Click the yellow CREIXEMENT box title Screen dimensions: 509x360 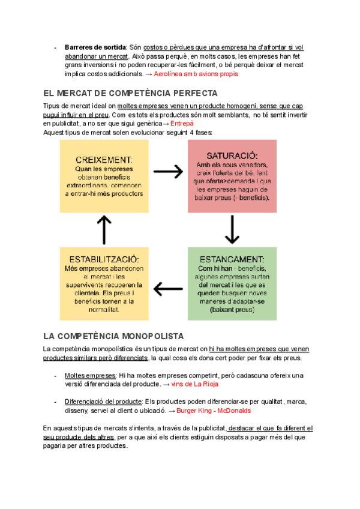pyautogui.click(x=104, y=160)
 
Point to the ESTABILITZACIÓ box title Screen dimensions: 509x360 pyautogui.click(x=104, y=259)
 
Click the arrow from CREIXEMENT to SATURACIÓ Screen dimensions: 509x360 pyautogui.click(x=168, y=172)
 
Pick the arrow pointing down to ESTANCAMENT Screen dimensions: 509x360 pyautogui.click(x=232, y=229)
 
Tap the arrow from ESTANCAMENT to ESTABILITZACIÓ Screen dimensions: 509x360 pyautogui.click(x=168, y=289)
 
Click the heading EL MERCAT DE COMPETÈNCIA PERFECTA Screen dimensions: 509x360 pyautogui.click(x=131, y=94)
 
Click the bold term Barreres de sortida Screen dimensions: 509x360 pyautogui.click(x=95, y=47)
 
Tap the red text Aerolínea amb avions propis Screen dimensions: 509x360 pyautogui.click(x=196, y=74)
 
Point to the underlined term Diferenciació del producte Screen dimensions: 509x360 pyautogui.click(x=102, y=402)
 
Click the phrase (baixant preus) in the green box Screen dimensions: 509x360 pyautogui.click(x=232, y=310)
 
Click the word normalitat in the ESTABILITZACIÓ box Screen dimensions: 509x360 pyautogui.click(x=104, y=310)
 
